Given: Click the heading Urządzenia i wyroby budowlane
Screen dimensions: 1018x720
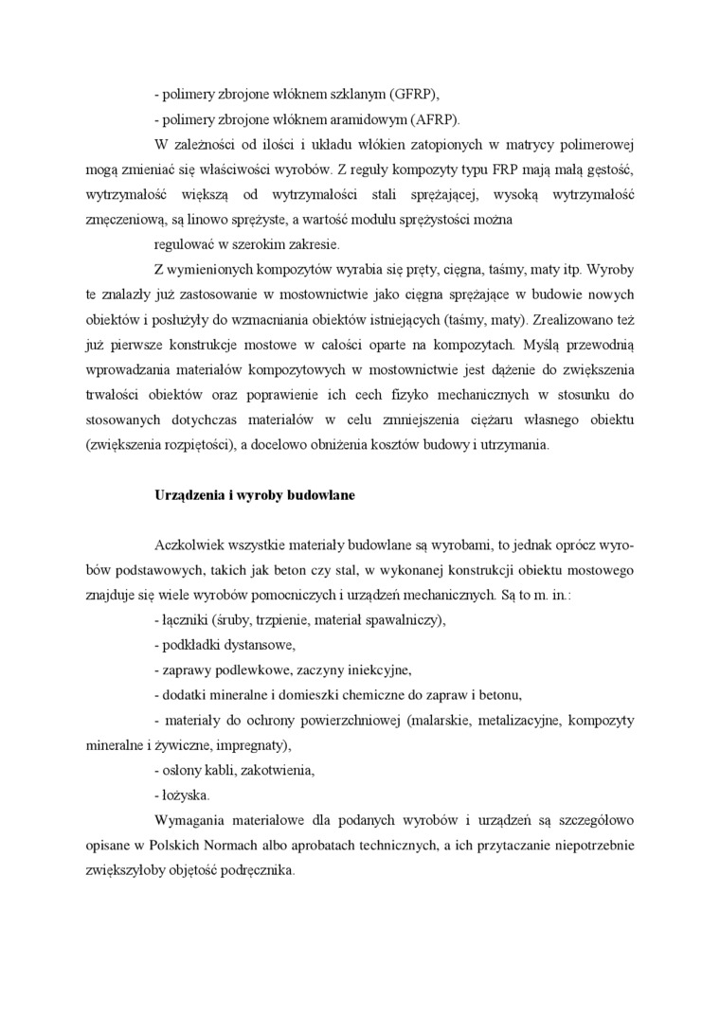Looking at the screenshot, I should (254, 495).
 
